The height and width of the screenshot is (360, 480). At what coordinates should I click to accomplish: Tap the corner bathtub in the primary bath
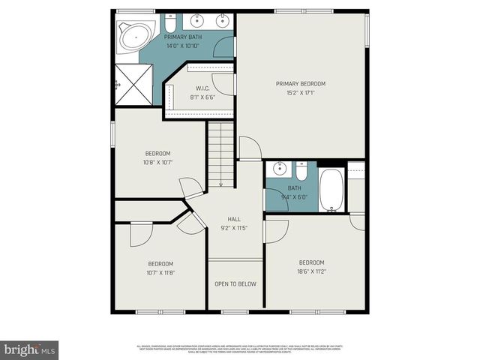coord(134,34)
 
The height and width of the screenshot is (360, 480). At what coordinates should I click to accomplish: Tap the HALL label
coord(233,219)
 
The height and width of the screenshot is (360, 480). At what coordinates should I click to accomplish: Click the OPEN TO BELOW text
coord(236,284)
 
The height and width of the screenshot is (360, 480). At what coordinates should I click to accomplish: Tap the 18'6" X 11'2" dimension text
coord(311,271)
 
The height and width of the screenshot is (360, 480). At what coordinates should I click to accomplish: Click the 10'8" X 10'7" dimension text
coord(157,162)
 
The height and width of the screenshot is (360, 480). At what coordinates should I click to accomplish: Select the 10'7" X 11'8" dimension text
coord(160,273)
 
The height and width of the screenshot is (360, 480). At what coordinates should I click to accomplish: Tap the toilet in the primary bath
coord(170,21)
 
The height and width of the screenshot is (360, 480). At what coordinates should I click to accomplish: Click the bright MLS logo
coord(29,349)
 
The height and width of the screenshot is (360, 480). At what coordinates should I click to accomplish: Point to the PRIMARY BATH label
coord(182,36)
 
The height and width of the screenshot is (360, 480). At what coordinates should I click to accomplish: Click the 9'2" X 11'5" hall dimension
coord(233,228)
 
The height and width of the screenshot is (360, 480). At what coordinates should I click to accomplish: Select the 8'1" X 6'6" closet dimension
coord(202,96)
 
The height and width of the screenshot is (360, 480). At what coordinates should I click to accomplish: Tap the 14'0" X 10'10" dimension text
coord(182,46)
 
